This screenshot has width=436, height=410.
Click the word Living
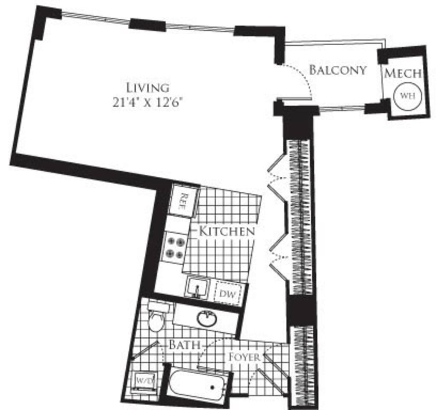pyautogui.click(x=147, y=88)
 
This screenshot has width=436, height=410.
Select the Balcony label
pyautogui.click(x=338, y=70)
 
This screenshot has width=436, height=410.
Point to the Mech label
pyautogui.click(x=403, y=73)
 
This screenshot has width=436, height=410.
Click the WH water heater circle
pyautogui.click(x=407, y=95)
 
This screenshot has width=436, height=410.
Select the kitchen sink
pyautogui.click(x=197, y=287)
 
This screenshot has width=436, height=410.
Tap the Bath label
pyautogui.click(x=184, y=344)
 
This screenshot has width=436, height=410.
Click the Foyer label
pyautogui.click(x=244, y=356)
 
